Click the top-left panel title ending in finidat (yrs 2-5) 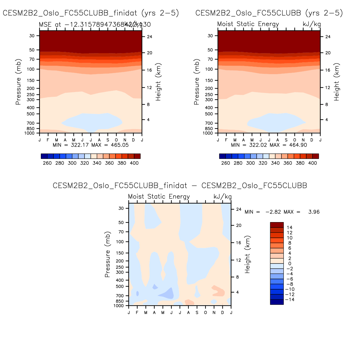91,13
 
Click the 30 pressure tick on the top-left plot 32,36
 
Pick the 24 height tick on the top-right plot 328,37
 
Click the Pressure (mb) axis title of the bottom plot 107,255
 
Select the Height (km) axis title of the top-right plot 337,82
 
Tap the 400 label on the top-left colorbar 134,163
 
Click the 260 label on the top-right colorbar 226,163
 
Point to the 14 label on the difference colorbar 289,227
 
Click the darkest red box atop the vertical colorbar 277,225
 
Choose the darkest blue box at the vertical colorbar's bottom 277,302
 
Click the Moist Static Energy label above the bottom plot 159,197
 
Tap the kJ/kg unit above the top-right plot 312,24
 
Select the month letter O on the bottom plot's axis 205,312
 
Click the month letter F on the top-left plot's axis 48,140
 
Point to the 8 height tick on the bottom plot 237,277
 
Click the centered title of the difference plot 180,186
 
